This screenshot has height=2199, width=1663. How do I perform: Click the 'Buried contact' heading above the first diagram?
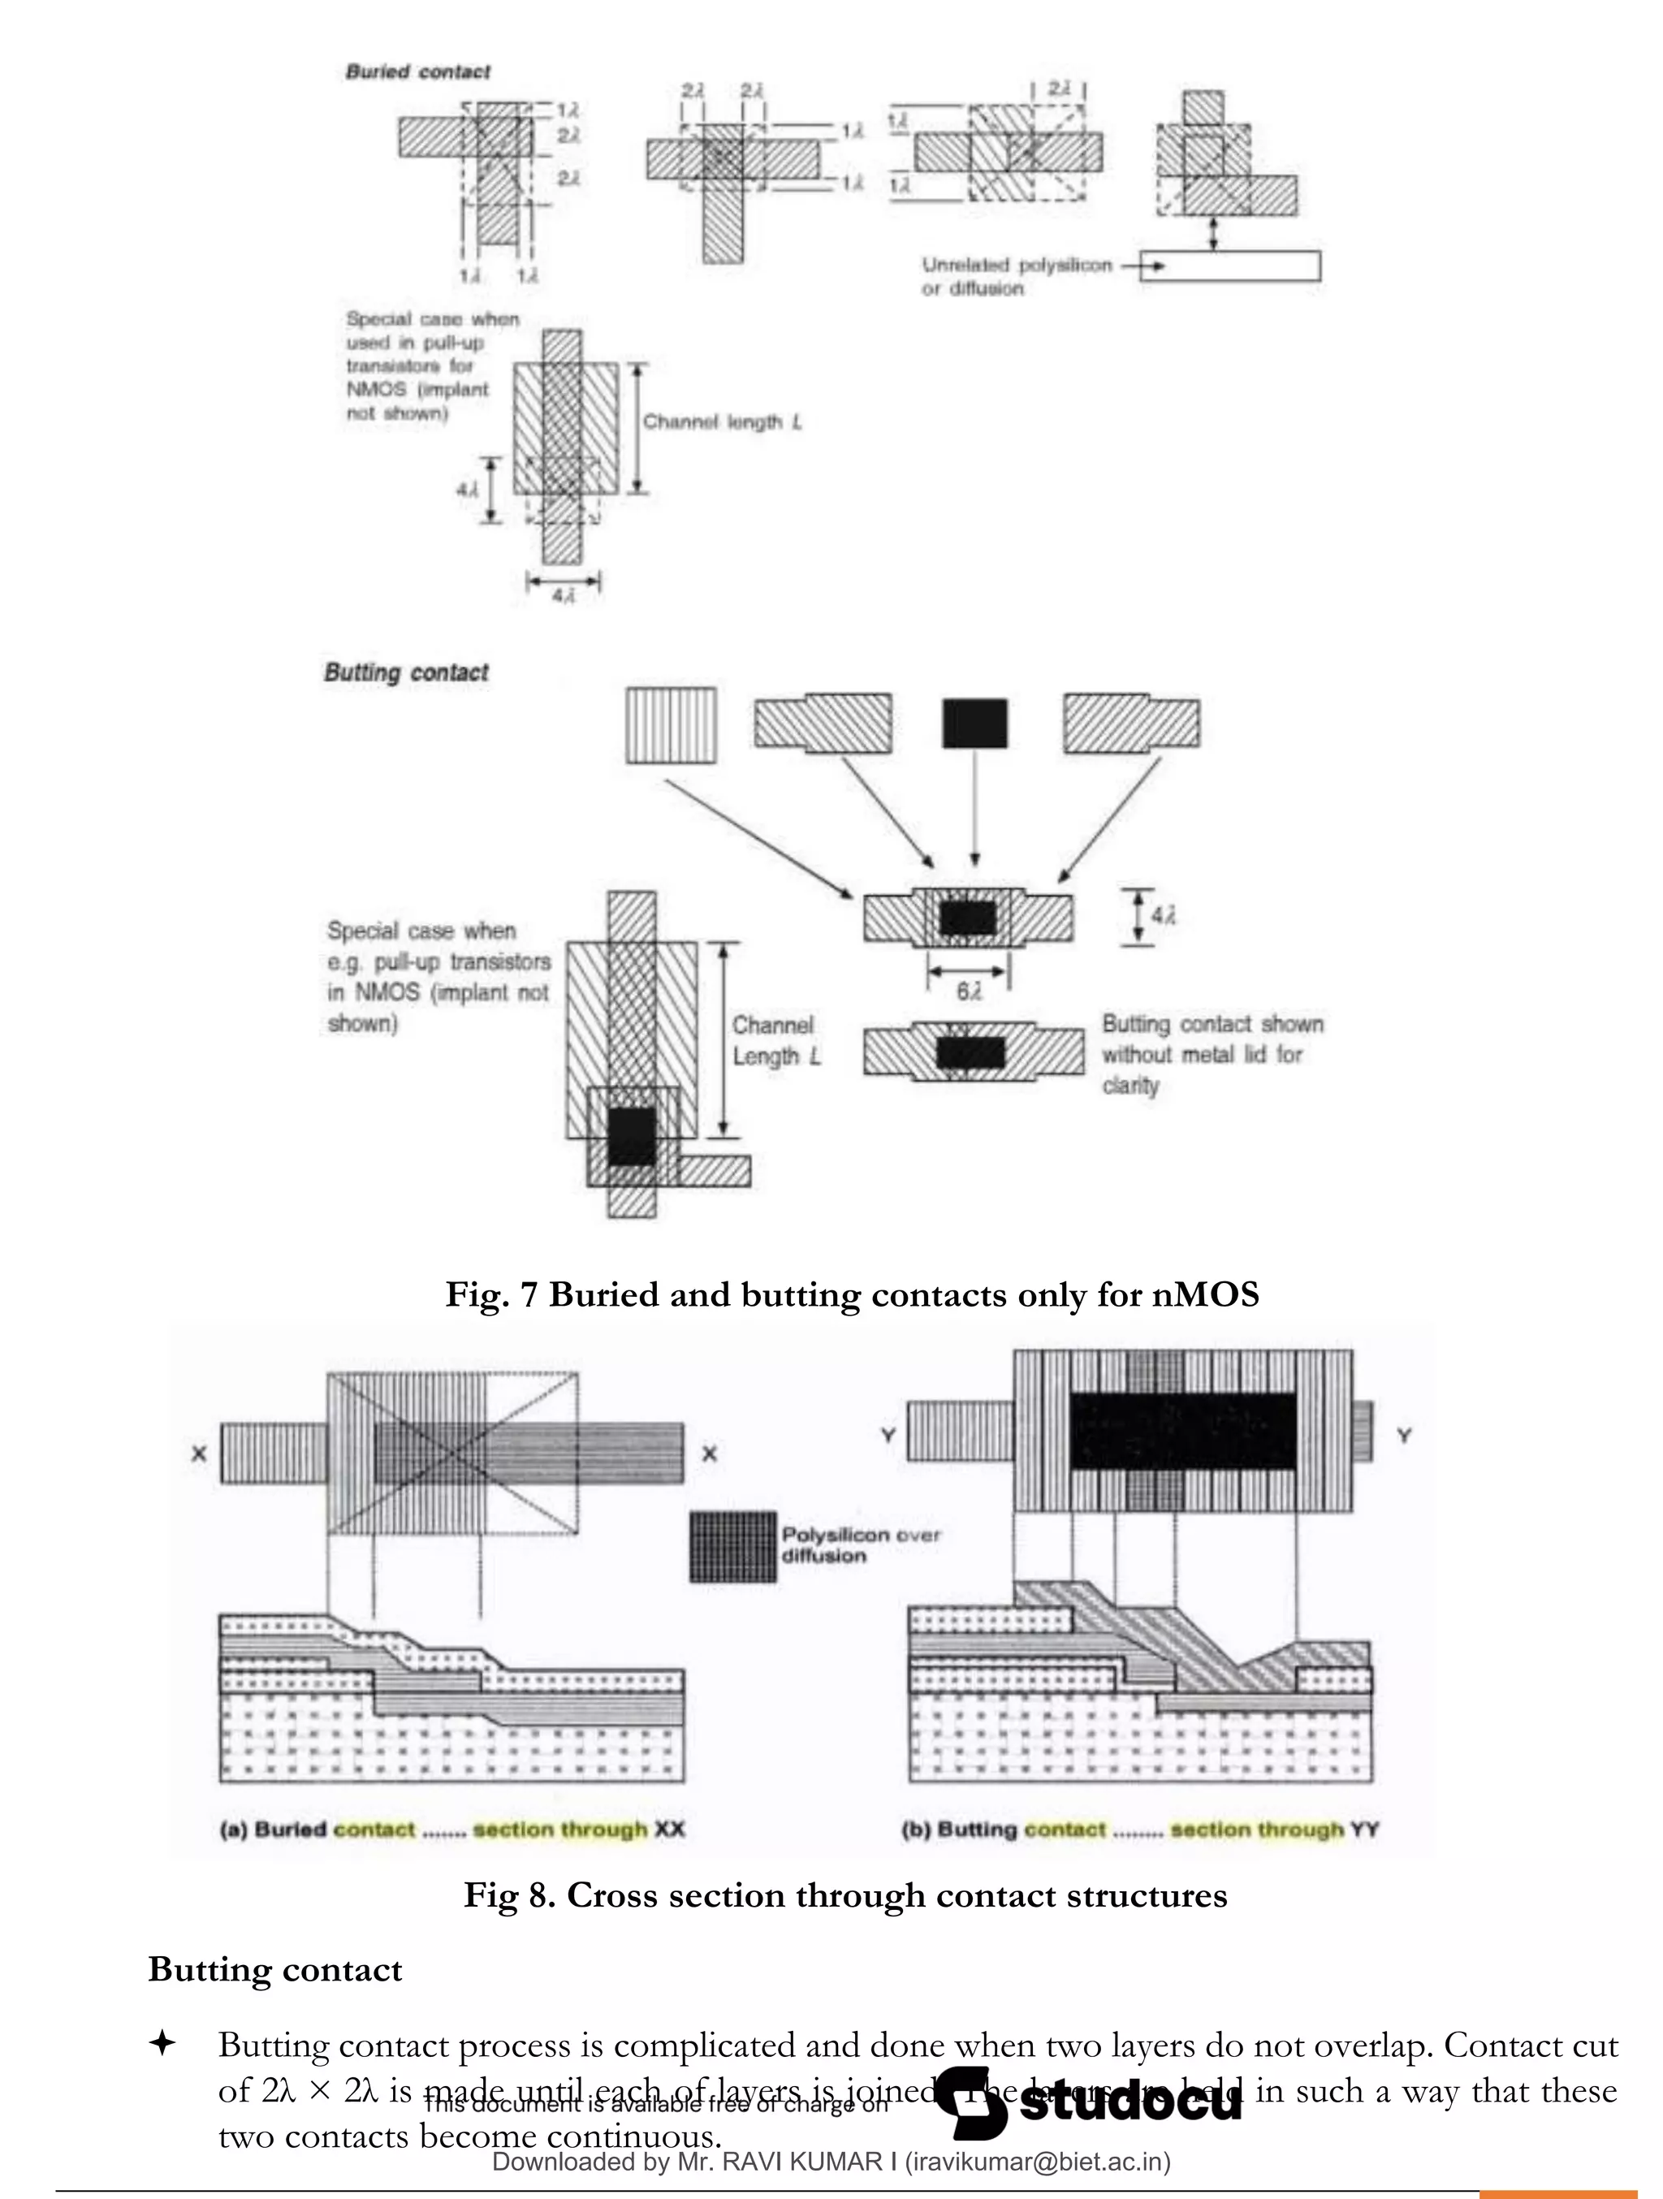coord(417,71)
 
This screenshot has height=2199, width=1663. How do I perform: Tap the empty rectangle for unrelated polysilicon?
coord(1229,266)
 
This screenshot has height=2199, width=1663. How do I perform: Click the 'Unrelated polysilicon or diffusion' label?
coord(1015,276)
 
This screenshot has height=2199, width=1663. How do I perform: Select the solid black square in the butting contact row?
coord(974,723)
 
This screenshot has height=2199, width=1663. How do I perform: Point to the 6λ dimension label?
coord(968,991)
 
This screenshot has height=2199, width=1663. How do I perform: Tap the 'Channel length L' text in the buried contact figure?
coord(722,421)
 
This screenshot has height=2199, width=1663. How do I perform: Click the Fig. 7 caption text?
coord(852,1294)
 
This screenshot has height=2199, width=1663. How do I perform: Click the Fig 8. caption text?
coord(845,1894)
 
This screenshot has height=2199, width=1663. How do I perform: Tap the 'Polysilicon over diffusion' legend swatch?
coord(733,1547)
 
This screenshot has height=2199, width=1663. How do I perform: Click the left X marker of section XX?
coord(199,1454)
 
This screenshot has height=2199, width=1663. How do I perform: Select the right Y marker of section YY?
coord(1403,1436)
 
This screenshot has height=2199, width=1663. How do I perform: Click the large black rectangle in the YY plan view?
coord(1183,1431)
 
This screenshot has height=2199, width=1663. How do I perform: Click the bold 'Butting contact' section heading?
coord(275,1969)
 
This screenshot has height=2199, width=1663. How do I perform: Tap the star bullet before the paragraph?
coord(162,2044)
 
